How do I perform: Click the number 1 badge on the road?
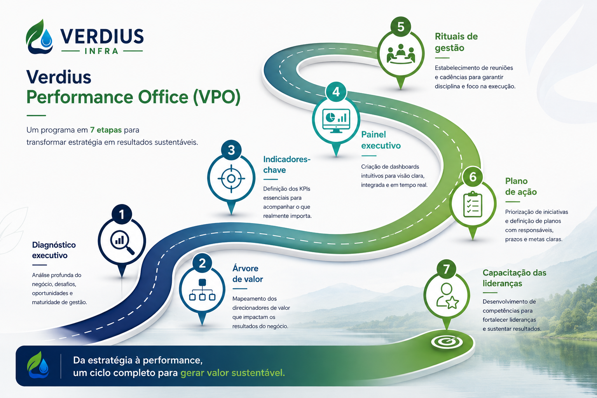122,214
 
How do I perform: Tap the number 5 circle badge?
401,27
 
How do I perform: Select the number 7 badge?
447,269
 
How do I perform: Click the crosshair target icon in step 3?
231,179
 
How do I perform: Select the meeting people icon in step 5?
401,54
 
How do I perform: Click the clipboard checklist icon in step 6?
473,204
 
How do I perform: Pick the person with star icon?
447,296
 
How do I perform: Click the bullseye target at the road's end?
447,342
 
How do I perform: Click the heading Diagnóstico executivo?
54,250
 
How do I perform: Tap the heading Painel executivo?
381,140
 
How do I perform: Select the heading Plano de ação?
521,186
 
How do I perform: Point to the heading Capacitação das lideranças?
514,278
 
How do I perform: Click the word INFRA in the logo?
101,51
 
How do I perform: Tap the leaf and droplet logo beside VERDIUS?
39,37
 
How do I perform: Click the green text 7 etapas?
106,130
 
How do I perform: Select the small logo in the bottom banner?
38,365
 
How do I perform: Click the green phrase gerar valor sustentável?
233,373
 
